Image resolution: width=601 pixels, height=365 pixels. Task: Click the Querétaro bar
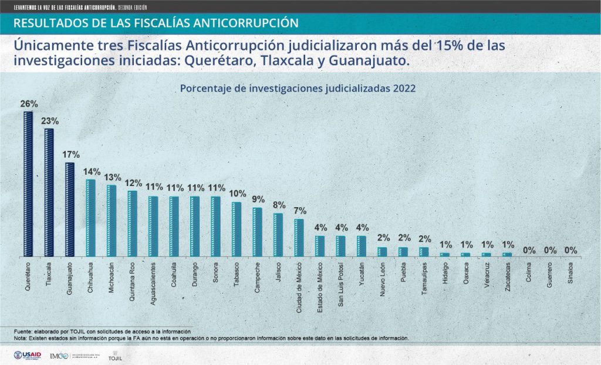pos(28,184)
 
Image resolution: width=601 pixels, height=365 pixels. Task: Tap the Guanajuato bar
pos(70,209)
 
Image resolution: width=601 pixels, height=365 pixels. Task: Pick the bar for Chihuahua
pos(90,218)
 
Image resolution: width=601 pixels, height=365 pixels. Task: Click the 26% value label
pos(29,104)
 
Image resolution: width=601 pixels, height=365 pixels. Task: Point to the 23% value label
pos(49,121)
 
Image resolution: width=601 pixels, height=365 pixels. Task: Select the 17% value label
pos(70,155)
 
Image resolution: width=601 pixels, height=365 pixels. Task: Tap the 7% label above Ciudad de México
pos(299,211)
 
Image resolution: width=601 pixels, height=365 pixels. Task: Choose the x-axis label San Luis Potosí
pos(340,284)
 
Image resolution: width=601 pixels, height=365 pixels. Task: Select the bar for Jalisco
pos(278,235)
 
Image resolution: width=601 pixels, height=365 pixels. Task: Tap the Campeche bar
pos(257,232)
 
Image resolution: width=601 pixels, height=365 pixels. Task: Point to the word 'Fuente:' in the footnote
pos(23,332)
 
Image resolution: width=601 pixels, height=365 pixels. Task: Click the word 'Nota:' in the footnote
pos(21,339)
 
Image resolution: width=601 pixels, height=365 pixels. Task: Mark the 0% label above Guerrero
pos(550,251)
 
